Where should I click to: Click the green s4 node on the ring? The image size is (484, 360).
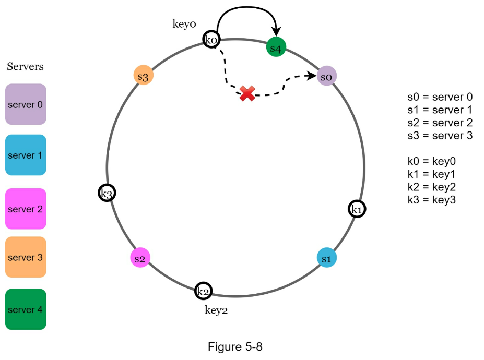pos(276,47)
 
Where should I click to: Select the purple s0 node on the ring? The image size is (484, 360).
pos(327,76)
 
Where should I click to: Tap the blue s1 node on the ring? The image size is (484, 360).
pos(327,258)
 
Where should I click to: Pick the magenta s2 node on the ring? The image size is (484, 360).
pos(140,258)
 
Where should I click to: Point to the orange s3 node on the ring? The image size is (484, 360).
pos(143,76)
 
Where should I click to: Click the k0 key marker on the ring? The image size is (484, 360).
pos(211,39)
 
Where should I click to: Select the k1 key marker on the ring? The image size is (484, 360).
pos(357,209)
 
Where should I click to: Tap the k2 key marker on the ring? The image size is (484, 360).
pos(203,291)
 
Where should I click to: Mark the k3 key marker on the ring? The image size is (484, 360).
pos(107,193)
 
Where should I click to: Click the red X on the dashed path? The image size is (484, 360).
pos(247,94)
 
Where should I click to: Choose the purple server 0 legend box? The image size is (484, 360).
pos(26,104)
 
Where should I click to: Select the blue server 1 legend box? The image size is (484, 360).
pos(26,155)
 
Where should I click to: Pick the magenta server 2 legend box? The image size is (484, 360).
pos(26,209)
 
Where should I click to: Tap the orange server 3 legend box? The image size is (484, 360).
pos(26,257)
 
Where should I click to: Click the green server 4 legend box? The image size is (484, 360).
pos(26,309)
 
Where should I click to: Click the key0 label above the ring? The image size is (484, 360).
pos(184,24)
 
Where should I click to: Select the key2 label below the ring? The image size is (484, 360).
pos(216,310)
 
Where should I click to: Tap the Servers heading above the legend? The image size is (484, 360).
pos(25,67)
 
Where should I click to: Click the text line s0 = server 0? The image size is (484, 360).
pos(440,97)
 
